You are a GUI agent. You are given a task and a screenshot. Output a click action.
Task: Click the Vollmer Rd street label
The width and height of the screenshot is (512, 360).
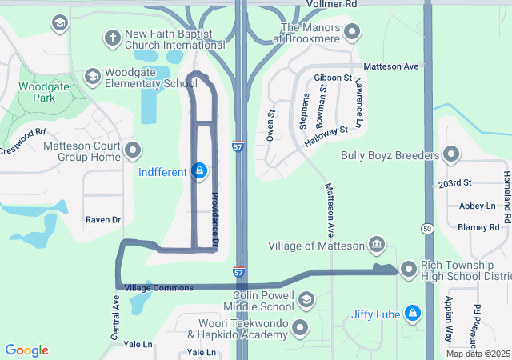(333, 5)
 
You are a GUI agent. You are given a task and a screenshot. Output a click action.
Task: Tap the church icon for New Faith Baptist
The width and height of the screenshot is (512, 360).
(112, 37)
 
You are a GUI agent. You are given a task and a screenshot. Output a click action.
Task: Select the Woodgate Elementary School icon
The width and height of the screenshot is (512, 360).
(92, 76)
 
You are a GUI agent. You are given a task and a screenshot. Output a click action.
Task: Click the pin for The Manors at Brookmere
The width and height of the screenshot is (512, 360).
(352, 32)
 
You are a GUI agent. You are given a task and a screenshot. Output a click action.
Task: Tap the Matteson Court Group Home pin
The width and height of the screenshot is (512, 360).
(133, 150)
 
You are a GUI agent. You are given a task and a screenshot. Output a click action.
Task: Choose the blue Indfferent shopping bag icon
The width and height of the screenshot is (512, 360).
(199, 170)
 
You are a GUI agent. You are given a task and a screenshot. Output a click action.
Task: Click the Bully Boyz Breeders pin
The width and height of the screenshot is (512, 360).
(451, 154)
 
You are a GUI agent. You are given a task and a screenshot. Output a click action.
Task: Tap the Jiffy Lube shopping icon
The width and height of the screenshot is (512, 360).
(412, 313)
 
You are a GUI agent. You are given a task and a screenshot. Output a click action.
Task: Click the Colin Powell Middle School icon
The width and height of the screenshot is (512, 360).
(306, 300)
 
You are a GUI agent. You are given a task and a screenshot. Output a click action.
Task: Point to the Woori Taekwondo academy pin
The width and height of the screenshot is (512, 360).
(300, 328)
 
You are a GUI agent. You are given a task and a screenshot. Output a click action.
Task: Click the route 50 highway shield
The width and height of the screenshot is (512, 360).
(429, 228)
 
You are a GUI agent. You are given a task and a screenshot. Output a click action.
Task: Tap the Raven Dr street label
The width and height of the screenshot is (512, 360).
(102, 219)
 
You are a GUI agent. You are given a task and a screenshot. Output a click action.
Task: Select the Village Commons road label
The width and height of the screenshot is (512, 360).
(159, 287)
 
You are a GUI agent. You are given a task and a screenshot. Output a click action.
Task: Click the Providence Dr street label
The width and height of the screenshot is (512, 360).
(215, 218)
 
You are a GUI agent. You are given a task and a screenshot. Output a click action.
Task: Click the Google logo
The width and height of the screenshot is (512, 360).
(26, 350)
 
